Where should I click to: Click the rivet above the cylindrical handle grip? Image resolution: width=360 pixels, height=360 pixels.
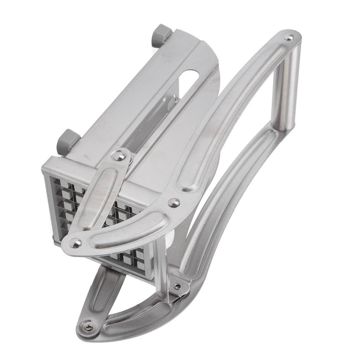289,37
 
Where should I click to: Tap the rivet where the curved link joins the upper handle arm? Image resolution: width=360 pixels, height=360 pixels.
174,202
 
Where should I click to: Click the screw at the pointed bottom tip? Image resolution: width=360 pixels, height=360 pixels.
87,327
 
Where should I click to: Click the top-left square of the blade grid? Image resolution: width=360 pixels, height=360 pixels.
57,183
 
